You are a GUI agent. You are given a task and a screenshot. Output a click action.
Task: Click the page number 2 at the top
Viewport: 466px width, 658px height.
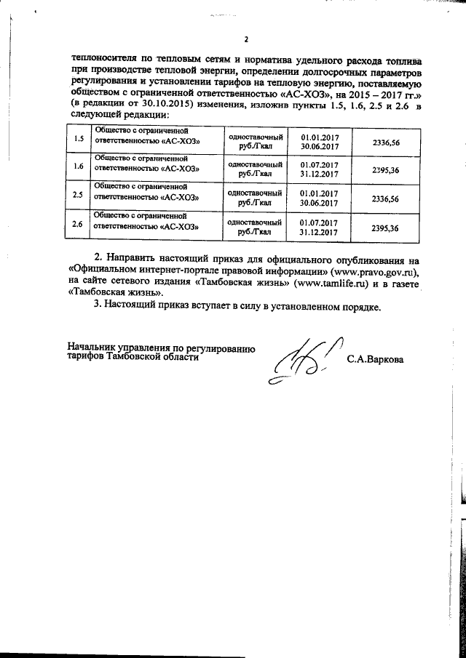(x=246, y=39)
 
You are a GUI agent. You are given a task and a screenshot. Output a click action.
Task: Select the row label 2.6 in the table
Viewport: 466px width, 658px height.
(x=79, y=227)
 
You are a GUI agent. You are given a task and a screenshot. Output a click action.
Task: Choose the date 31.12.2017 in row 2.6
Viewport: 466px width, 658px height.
(x=319, y=232)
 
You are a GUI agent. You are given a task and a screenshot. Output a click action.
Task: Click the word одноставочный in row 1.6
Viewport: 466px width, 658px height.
(x=255, y=165)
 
